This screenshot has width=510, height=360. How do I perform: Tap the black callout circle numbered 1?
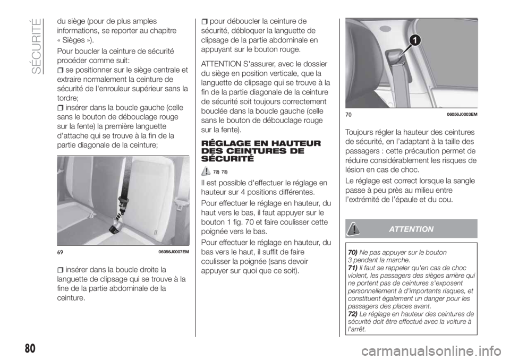(x=414, y=39)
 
